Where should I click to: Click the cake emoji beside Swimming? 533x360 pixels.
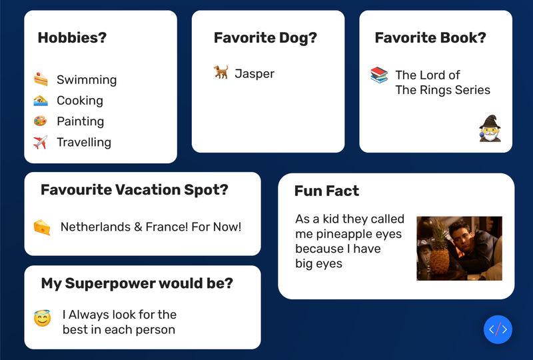tap(41, 79)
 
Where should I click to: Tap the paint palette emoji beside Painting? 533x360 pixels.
tap(40, 121)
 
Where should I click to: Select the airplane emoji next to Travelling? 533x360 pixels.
tap(41, 142)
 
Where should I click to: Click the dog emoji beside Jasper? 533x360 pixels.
tap(221, 72)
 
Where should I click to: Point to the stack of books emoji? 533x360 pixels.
tap(379, 75)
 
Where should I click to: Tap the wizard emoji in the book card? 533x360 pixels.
tap(490, 128)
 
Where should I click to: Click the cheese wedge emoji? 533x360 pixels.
tap(42, 227)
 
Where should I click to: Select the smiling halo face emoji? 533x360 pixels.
tap(43, 318)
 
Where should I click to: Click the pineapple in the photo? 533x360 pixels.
tap(440, 251)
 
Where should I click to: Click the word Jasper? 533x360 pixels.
tap(255, 73)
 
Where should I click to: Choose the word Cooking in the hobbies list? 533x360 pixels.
tap(80, 101)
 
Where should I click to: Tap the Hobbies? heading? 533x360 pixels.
tap(72, 37)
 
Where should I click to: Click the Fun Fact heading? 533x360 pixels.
tap(326, 191)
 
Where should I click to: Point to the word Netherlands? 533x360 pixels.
tap(95, 227)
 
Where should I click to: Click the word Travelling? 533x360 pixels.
tap(84, 142)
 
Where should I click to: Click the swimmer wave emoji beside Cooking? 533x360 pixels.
tap(41, 101)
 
